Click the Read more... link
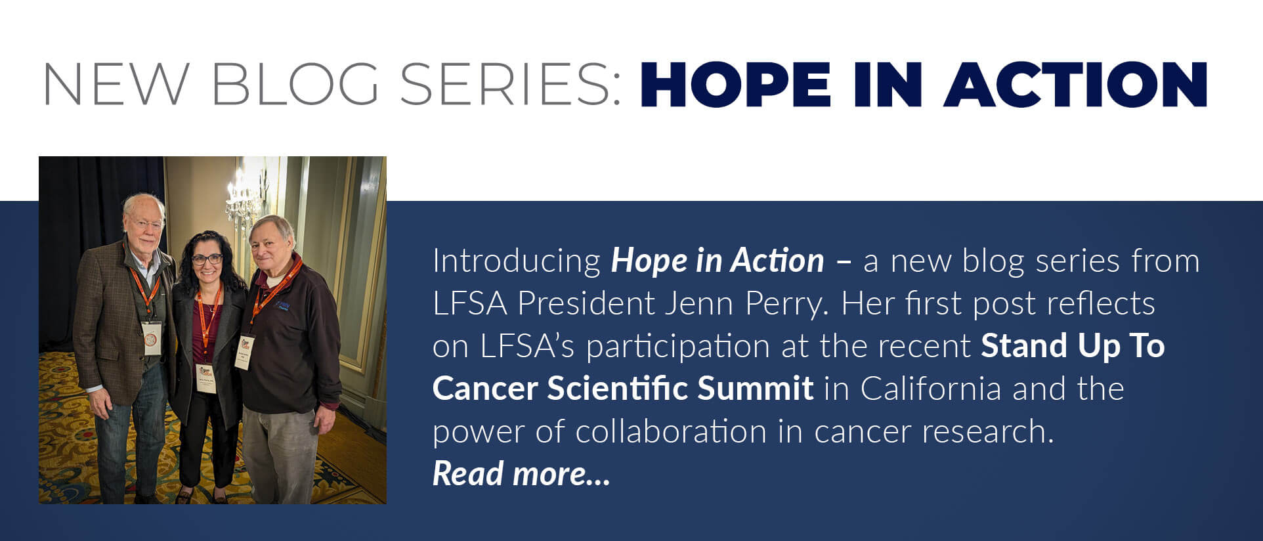click(x=521, y=473)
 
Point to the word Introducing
click(x=517, y=262)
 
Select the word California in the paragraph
click(x=931, y=388)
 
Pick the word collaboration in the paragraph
click(x=671, y=431)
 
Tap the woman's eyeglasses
click(x=207, y=259)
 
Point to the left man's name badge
click(x=152, y=337)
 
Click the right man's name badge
click(x=246, y=353)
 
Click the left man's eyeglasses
click(x=146, y=223)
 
